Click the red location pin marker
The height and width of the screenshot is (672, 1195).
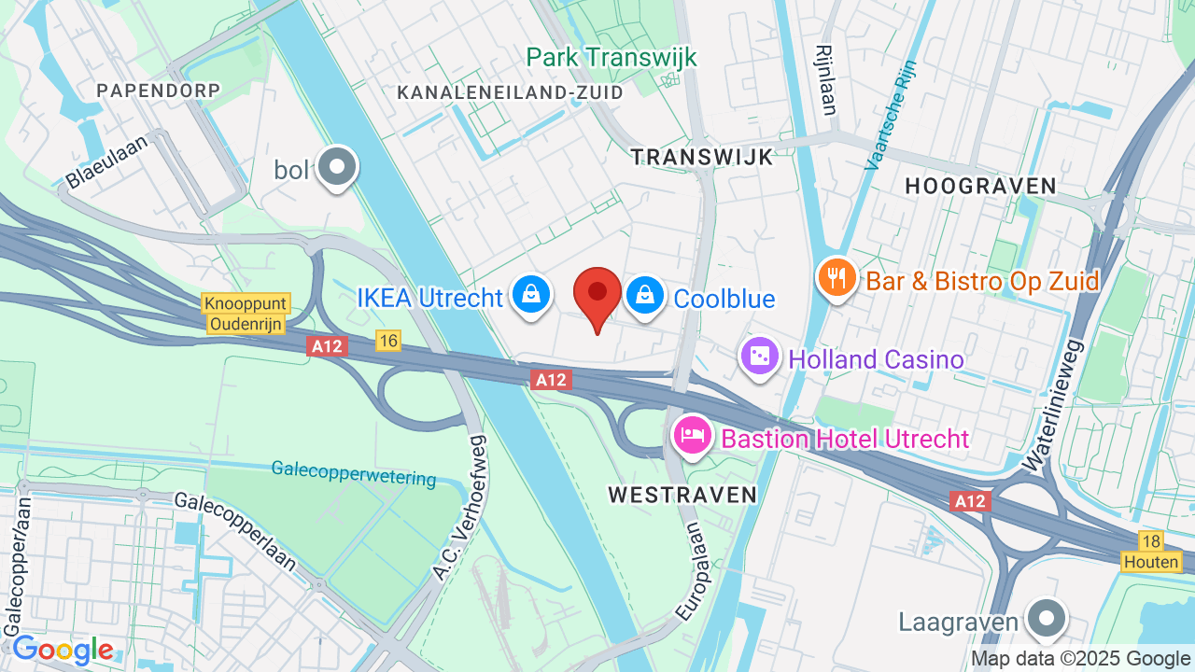[597, 294]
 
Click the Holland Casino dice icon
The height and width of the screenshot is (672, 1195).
[760, 357]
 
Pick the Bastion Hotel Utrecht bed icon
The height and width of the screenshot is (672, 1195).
[693, 435]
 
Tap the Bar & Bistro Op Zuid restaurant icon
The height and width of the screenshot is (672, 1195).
[836, 278]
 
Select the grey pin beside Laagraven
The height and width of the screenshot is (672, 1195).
[1046, 619]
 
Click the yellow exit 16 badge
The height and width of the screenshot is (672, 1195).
[388, 342]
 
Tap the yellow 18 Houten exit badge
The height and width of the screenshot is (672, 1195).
[1151, 552]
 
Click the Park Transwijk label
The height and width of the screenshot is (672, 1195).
[612, 58]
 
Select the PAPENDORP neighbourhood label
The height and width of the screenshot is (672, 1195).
[159, 91]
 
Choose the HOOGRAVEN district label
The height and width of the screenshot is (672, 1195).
[980, 187]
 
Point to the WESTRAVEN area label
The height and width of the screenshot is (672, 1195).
[682, 495]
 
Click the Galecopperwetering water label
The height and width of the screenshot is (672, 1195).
[354, 473]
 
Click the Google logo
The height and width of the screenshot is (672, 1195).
[63, 650]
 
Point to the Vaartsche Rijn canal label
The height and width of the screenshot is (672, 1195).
[892, 114]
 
